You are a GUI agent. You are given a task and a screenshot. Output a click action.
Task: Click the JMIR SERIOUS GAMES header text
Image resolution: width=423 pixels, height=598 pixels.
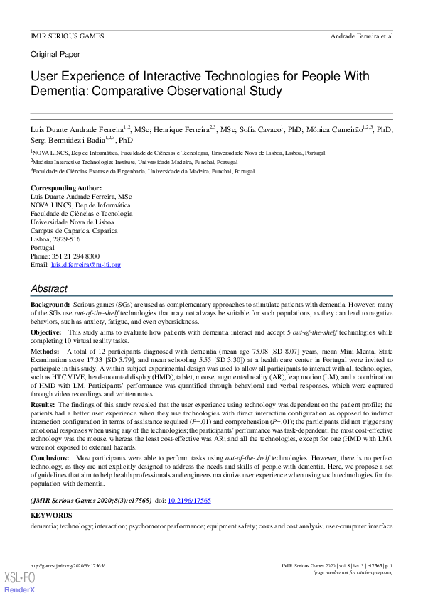coord(67,36)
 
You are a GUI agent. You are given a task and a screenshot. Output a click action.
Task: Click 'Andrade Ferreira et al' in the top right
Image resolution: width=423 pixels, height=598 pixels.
coord(362,36)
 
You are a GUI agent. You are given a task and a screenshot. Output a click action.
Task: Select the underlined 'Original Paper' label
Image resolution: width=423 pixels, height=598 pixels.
coord(55,55)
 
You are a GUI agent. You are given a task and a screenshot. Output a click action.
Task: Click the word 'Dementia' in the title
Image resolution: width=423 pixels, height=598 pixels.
coord(60,92)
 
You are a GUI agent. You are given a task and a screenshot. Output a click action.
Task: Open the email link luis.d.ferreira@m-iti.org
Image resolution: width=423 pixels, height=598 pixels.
coord(86,265)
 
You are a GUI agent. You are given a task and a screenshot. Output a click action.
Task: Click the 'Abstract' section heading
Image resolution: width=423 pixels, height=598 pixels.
coord(49,289)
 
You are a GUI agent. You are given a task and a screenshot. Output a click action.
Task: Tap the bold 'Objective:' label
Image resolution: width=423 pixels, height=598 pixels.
coord(46,332)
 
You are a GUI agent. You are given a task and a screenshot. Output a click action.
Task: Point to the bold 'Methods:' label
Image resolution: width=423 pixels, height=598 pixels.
coord(45,352)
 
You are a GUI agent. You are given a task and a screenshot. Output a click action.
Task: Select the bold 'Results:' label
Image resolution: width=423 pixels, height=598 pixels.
coord(44,403)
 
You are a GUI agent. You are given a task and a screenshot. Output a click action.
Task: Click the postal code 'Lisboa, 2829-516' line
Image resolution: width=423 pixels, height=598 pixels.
coord(55,239)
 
